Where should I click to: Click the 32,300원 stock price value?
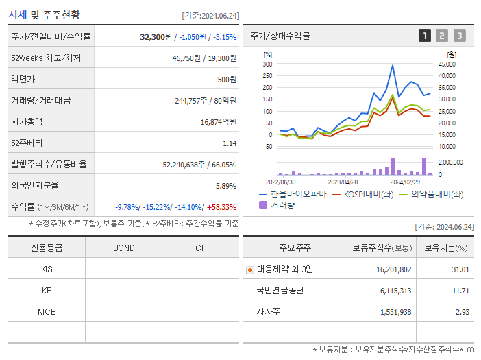(158, 36)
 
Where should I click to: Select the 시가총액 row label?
(27, 121)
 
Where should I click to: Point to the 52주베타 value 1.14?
(230, 143)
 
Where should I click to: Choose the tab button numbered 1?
(425, 36)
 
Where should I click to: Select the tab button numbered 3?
(459, 36)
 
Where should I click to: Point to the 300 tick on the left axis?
(267, 64)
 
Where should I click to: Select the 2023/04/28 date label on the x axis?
(343, 182)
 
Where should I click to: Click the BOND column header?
(123, 248)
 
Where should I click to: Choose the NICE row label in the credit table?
(47, 311)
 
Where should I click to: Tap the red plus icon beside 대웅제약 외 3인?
(249, 269)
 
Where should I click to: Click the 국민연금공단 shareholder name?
(280, 291)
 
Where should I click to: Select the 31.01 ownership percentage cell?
(460, 269)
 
